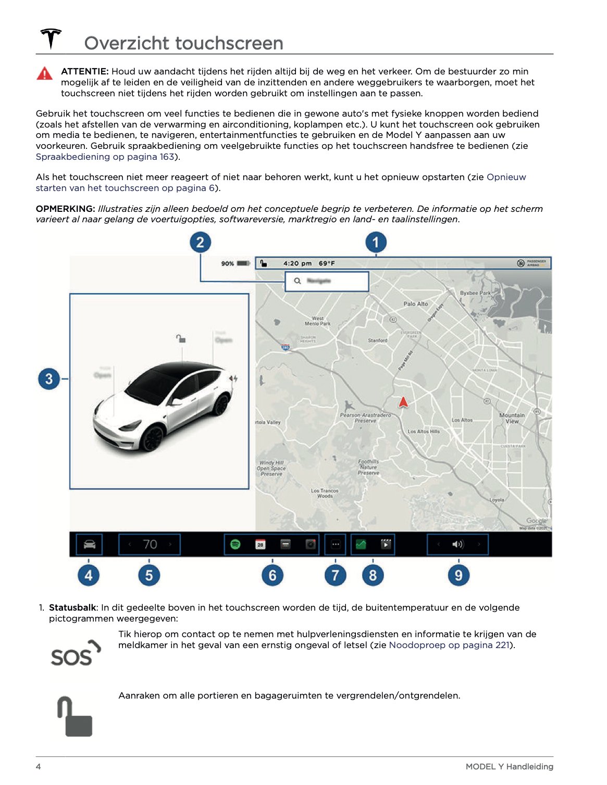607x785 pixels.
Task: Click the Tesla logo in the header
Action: click(x=51, y=39)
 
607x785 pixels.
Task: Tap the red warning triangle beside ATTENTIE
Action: click(x=45, y=74)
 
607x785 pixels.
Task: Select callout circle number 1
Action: click(x=376, y=242)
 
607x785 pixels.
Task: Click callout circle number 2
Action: click(x=200, y=242)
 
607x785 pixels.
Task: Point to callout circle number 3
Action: click(x=49, y=378)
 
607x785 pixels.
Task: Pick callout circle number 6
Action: click(x=272, y=575)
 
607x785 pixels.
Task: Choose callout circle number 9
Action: click(x=459, y=575)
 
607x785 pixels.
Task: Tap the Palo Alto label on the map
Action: click(x=415, y=304)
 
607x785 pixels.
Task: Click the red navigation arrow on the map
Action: click(x=403, y=402)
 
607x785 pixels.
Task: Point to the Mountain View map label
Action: click(x=512, y=418)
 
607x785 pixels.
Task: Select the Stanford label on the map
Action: click(x=378, y=340)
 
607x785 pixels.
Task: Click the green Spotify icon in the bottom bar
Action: click(x=236, y=545)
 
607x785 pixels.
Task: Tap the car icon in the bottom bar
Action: click(x=90, y=545)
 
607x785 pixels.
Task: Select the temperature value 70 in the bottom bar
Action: click(x=150, y=545)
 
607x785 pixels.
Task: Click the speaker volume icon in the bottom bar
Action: click(x=457, y=545)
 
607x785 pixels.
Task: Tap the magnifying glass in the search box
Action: click(x=298, y=281)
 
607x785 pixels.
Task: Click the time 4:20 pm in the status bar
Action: click(x=298, y=263)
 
